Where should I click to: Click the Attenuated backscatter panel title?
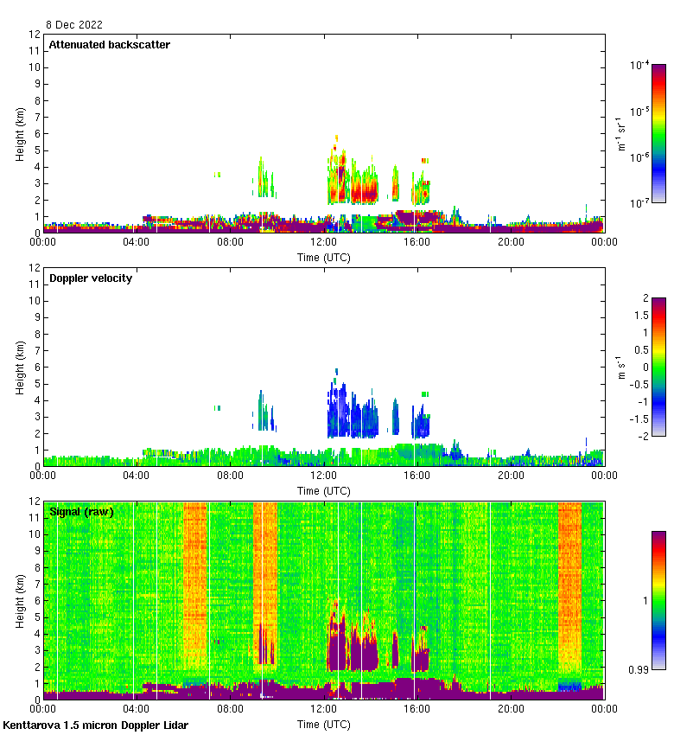coord(109,45)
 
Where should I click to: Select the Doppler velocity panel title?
coord(91,278)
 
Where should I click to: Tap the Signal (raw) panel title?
coord(81,512)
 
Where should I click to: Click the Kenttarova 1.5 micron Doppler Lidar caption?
coord(95,725)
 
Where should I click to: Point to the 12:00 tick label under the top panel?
coord(324,242)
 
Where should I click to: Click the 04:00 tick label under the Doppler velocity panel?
coord(137,476)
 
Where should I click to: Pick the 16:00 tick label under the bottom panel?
coord(417,709)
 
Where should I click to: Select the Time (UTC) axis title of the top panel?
coord(324,257)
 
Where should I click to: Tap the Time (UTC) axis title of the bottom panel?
coord(324,724)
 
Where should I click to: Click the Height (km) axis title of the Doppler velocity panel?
coord(20,367)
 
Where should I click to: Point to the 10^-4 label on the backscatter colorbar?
coord(639,65)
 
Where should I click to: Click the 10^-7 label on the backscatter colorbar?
coord(639,203)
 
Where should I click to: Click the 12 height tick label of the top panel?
coord(35,35)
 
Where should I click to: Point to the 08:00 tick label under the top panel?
coord(230,242)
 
